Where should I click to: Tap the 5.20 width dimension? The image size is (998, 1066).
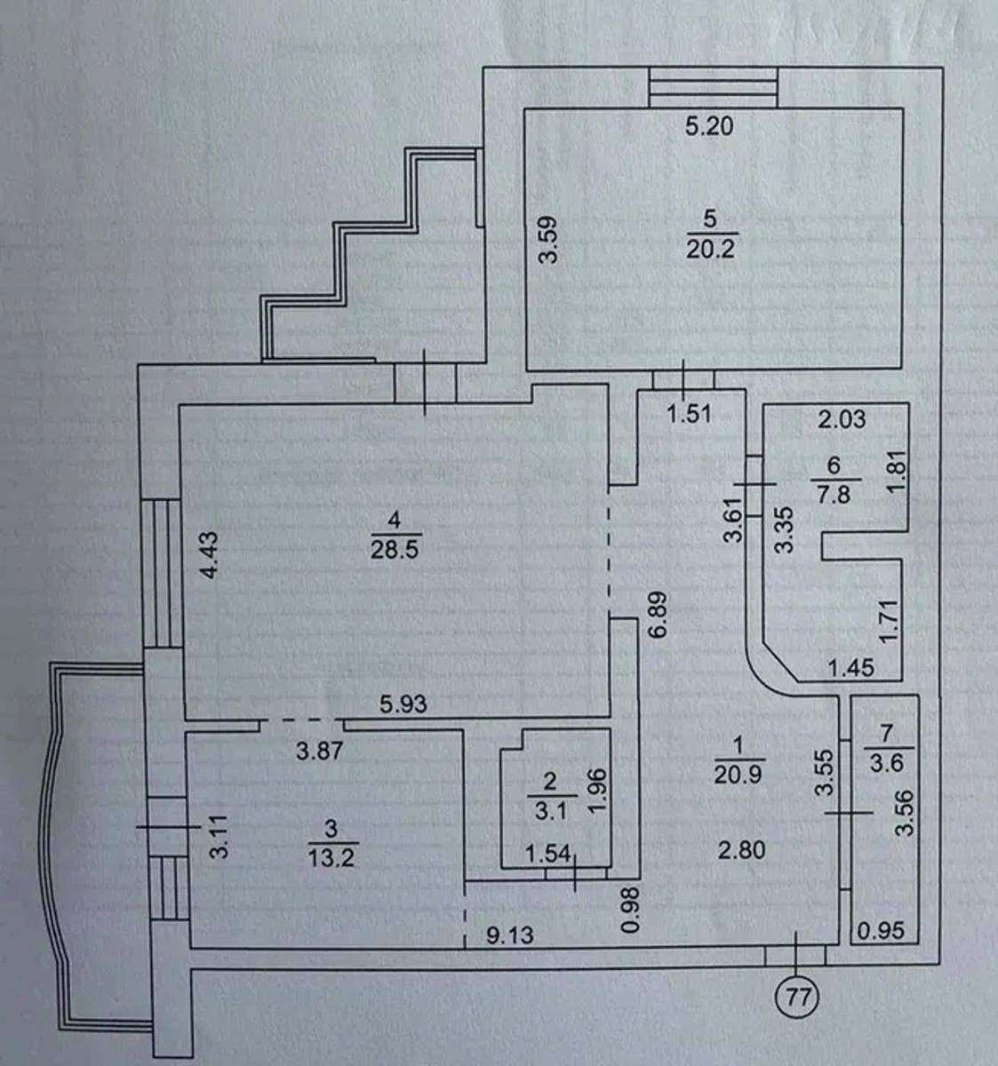pos(709,127)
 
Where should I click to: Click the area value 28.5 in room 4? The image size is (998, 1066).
pos(395,548)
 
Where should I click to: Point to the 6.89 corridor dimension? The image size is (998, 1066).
pos(658,617)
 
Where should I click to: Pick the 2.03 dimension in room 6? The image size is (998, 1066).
pos(841,418)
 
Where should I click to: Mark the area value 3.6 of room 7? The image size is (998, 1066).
pos(883,762)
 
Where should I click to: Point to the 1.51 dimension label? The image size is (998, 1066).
pos(690,413)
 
